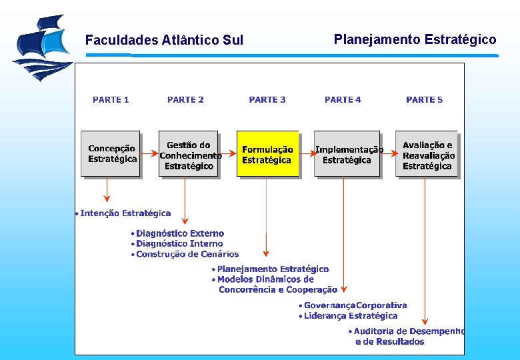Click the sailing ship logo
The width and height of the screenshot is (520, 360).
click(42, 47)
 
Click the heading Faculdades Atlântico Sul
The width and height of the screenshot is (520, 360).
click(164, 41)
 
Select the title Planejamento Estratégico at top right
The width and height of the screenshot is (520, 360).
click(415, 39)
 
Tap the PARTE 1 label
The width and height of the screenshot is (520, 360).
click(111, 100)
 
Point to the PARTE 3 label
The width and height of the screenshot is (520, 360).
click(267, 100)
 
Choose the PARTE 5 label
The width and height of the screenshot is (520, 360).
click(424, 100)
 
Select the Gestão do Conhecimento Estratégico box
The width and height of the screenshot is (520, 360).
click(189, 154)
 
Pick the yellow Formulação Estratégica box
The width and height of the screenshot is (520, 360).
click(267, 154)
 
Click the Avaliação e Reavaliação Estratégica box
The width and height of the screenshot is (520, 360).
click(427, 154)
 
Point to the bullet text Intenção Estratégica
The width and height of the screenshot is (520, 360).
click(125, 213)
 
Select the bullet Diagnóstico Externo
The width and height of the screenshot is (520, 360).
click(180, 233)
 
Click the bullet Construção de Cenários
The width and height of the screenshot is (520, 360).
click(187, 254)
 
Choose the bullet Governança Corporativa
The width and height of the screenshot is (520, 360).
click(355, 305)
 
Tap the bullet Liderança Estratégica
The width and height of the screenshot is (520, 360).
click(351, 316)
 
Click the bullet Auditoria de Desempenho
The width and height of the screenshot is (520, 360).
click(409, 331)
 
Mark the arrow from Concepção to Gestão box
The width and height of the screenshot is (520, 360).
click(149, 153)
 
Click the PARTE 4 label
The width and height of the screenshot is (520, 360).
click(343, 100)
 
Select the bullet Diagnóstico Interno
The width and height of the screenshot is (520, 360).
click(179, 244)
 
